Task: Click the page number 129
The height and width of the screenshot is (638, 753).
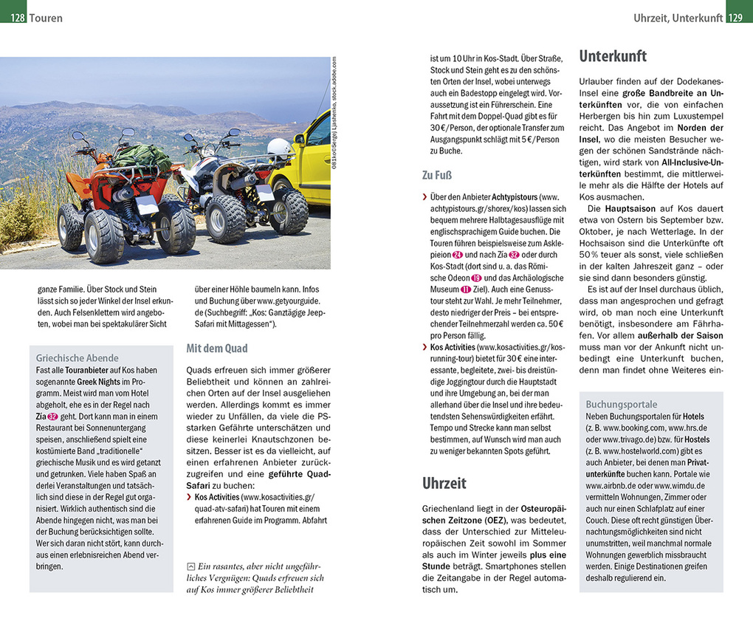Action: coord(739,18)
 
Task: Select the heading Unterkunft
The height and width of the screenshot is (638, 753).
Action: coord(613,56)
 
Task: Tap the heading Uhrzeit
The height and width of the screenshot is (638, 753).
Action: coord(444,483)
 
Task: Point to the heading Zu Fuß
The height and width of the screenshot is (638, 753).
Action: coord(437,175)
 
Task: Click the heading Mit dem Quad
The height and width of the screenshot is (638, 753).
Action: coord(217,348)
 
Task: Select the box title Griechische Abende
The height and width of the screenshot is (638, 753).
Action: coord(77,358)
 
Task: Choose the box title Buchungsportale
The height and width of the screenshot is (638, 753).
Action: coord(621,405)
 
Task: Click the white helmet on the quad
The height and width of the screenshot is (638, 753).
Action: coord(279,146)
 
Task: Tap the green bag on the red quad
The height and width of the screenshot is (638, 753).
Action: coord(142,157)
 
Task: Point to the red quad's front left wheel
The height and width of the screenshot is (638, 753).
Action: coord(104,236)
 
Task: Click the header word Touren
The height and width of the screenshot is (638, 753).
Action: coord(47,18)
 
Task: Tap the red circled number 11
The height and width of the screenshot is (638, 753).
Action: coord(466,289)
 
